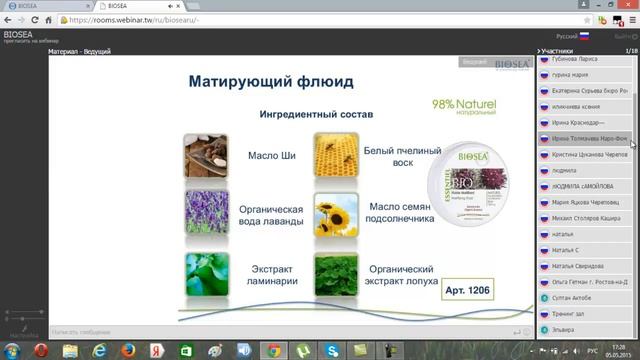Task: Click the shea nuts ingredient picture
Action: pos(206,155)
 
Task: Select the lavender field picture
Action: pos(206,213)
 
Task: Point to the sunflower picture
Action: pos(335,213)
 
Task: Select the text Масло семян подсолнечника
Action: pos(399,213)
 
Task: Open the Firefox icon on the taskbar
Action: pos(129,350)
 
